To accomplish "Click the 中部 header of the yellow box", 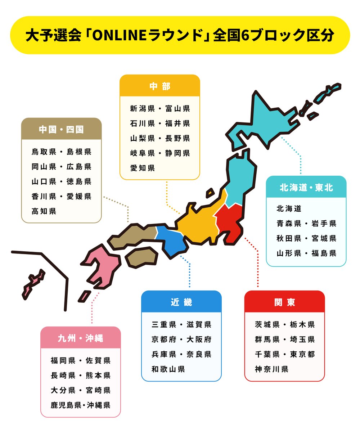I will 159,86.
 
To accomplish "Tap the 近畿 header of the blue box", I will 181,302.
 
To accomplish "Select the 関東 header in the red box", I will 284,302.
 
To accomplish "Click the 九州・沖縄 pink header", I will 80,338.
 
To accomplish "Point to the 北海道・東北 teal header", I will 306,188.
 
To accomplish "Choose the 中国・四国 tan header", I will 61,129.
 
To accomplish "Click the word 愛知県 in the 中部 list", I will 143,168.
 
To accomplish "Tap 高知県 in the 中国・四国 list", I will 44,211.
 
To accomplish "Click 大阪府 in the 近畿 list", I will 199,339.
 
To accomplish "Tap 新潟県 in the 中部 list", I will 143,109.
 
